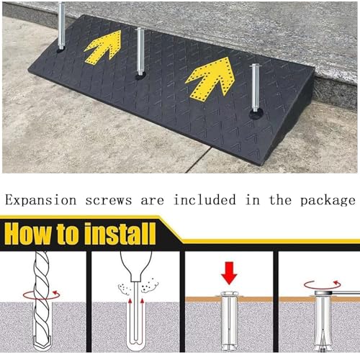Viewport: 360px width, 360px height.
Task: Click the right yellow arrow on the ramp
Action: pyautogui.click(x=211, y=78)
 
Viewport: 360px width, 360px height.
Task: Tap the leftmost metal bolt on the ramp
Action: pyautogui.click(x=61, y=27)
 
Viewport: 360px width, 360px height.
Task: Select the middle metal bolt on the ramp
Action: pyautogui.click(x=140, y=52)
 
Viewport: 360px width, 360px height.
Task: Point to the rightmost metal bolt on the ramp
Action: pyautogui.click(x=256, y=89)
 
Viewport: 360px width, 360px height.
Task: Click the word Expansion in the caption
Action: pyautogui.click(x=41, y=200)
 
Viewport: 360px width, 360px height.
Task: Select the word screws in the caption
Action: pyautogui.click(x=109, y=201)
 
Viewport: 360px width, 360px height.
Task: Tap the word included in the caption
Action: pyautogui.click(x=204, y=200)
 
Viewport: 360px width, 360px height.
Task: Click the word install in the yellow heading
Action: pyautogui.click(x=120, y=233)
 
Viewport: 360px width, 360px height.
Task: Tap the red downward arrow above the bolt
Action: pyautogui.click(x=229, y=273)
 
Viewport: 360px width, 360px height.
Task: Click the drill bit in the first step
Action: pyautogui.click(x=42, y=300)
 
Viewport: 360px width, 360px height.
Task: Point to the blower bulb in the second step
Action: pyautogui.click(x=136, y=264)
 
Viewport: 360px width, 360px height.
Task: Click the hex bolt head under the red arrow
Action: pyautogui.click(x=229, y=294)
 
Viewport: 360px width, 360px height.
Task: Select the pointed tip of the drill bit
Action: pyautogui.click(x=42, y=348)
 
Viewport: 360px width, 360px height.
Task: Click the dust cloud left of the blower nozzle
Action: pyautogui.click(x=125, y=289)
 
